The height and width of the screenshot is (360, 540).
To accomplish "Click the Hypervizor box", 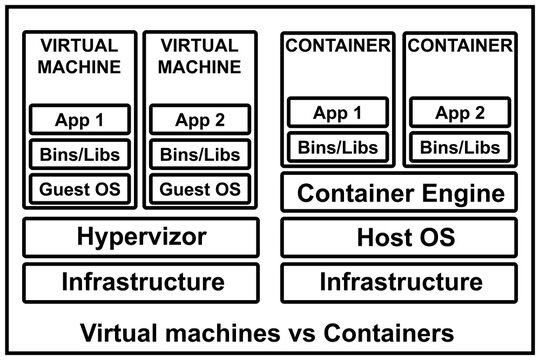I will pos(142,238).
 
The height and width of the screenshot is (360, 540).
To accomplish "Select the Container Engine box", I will pos(399,192).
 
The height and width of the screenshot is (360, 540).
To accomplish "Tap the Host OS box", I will pos(399,238).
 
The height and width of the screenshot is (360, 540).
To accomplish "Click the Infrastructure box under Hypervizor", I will pos(142,281).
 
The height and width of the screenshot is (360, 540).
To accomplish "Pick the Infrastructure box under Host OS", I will pos(399,281).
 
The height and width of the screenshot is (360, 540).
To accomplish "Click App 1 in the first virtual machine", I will pos(80,120).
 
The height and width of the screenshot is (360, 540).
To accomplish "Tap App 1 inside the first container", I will pos(336,112).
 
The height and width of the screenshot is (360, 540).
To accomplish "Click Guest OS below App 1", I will pos(80,187).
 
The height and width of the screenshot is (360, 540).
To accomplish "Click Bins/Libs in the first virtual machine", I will pos(80,154).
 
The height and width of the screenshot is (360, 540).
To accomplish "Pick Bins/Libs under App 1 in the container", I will pos(336,146).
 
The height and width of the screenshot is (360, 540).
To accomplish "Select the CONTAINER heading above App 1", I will pos(337,45).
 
